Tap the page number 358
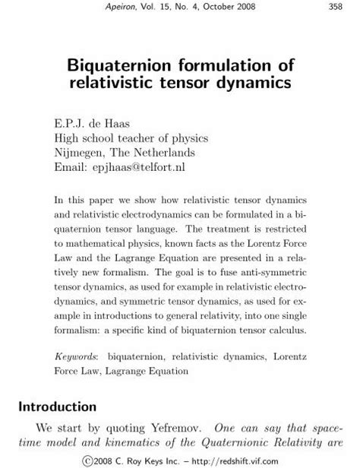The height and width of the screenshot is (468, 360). [x=332, y=7]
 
